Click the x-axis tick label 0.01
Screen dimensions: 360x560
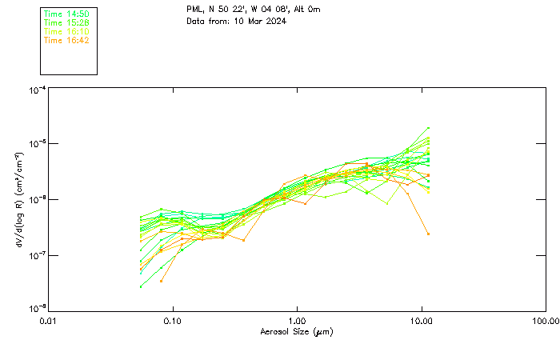48,322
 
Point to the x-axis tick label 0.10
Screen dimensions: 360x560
172,322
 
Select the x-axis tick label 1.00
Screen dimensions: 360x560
297,322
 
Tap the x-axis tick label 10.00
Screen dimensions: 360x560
421,322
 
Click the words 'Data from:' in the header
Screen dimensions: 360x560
209,21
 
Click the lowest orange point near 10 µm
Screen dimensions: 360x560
428,234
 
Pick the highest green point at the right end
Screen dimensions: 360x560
428,128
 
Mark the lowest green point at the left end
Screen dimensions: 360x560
141,286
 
